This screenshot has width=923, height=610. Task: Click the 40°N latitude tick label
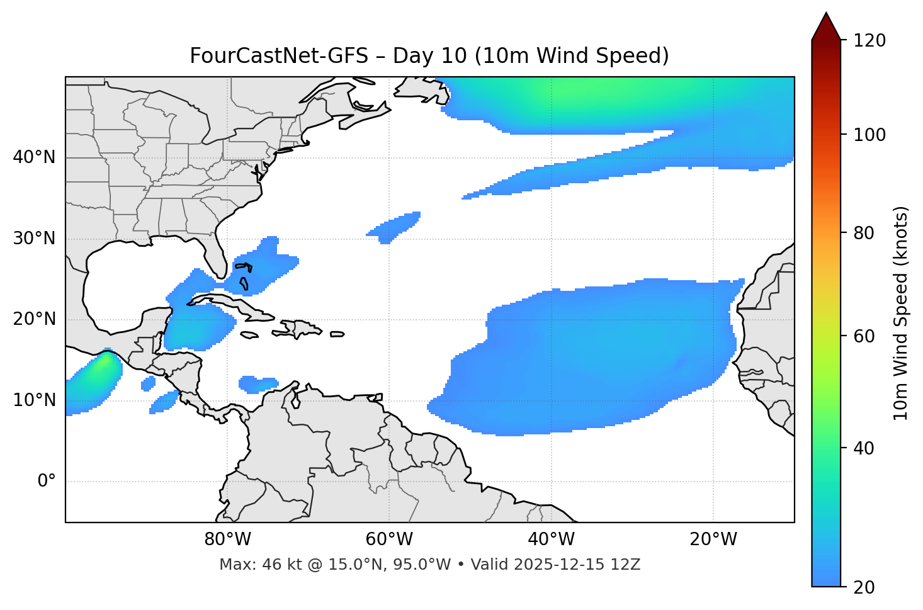[x=34, y=157]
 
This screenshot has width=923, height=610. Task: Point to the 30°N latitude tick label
[x=34, y=239]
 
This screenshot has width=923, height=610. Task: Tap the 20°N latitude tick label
[x=34, y=320]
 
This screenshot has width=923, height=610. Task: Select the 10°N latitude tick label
[x=34, y=400]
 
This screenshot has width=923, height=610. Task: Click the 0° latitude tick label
[x=47, y=482]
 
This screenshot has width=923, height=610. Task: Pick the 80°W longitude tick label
[x=227, y=539]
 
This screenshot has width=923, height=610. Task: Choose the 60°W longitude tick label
[x=389, y=539]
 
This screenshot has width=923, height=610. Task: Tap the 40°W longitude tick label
[x=551, y=539]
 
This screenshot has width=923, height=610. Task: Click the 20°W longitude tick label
[x=713, y=539]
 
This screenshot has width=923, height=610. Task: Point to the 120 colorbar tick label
[x=869, y=40]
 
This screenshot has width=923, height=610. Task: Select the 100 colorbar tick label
[x=869, y=135]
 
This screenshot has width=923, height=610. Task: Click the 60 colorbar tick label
[x=864, y=336]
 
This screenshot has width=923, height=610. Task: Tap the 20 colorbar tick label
[x=864, y=587]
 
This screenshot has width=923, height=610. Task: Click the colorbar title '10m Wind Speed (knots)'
[x=901, y=313]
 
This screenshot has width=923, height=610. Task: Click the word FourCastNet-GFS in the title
[x=279, y=56]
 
